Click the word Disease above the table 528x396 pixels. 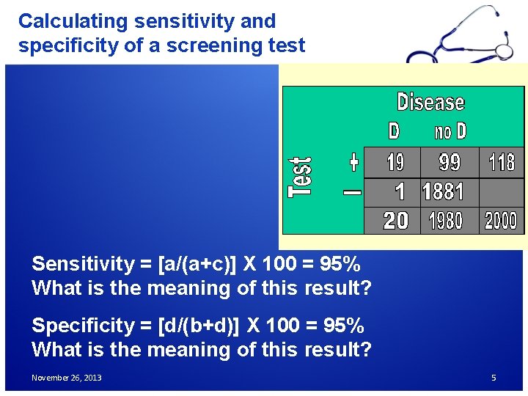[x=430, y=102]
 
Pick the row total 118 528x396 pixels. [x=502, y=162]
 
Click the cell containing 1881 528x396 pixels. [x=444, y=192]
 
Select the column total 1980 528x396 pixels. [x=445, y=221]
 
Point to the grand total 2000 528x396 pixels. [x=501, y=221]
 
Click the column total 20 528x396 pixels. [x=396, y=221]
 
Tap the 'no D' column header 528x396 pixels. [x=450, y=132]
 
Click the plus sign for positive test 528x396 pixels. [x=353, y=161]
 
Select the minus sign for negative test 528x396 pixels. [x=352, y=193]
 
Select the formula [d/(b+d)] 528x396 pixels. [x=200, y=325]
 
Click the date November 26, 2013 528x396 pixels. [x=67, y=378]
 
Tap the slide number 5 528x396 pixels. [x=494, y=378]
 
